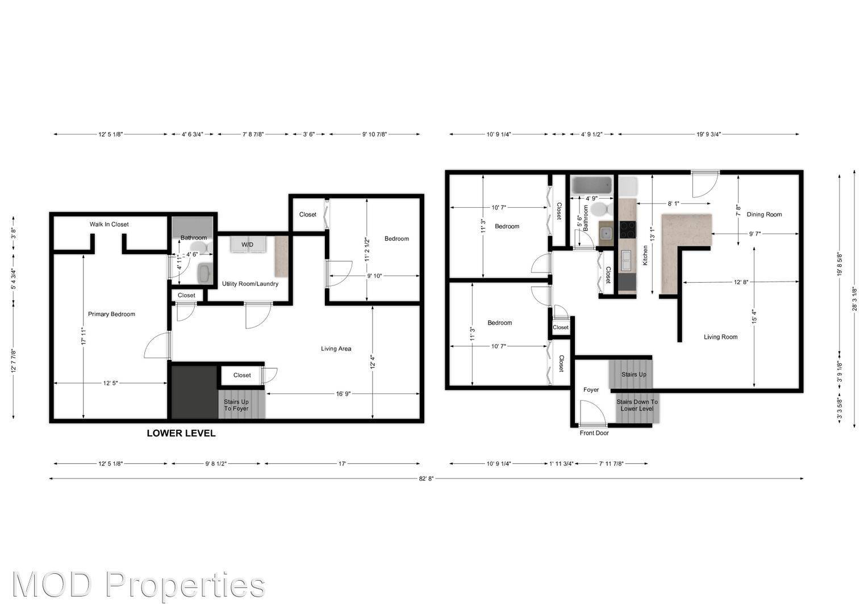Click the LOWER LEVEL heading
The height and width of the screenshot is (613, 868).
(181, 433)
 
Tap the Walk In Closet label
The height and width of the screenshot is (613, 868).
(109, 224)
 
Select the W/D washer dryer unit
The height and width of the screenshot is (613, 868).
(248, 244)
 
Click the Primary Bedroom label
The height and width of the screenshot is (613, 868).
(111, 314)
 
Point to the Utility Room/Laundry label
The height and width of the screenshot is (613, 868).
(250, 284)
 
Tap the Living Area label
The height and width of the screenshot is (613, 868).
(336, 349)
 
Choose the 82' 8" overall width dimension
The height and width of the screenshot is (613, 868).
(426, 478)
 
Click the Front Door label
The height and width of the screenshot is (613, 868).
(594, 433)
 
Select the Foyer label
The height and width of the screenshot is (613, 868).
(591, 390)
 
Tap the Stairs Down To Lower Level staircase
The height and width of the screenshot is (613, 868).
(637, 407)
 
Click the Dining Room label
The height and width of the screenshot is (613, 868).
(764, 215)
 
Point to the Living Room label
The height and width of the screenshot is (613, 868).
(720, 337)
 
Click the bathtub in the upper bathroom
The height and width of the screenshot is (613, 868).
(591, 185)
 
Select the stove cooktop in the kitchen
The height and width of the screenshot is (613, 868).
(627, 229)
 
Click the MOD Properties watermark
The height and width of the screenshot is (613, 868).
(138, 585)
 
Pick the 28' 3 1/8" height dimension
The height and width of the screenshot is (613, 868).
(854, 298)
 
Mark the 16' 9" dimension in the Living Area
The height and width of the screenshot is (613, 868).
(343, 393)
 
